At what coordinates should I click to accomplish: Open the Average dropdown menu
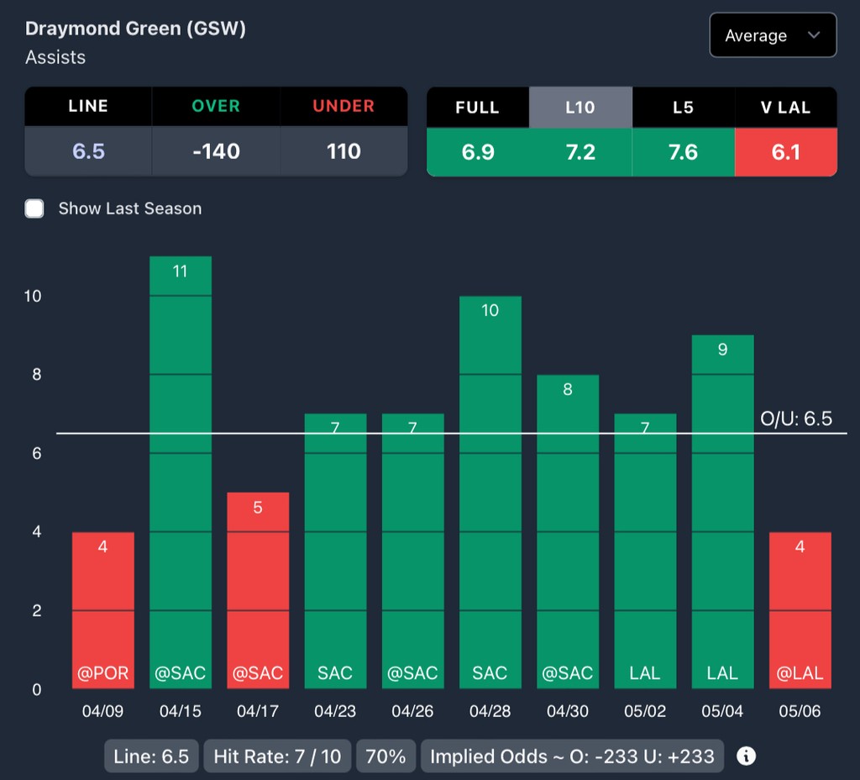coord(772,35)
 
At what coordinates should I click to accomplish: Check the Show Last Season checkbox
coord(34,208)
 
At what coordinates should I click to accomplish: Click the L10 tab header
coord(580,107)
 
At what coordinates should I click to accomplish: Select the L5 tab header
coord(683,107)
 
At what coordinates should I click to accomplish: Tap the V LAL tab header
coord(785,107)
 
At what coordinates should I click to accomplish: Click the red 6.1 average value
coord(785,152)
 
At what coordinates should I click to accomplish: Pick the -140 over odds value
coord(216,152)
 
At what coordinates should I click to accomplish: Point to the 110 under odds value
coord(343,152)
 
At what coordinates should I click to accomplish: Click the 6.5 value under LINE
coord(88,152)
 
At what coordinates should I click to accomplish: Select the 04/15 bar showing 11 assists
coord(181,471)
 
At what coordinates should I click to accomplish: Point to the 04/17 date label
coord(258,711)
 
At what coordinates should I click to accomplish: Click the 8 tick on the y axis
coord(37,375)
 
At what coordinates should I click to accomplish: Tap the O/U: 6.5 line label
coord(795,419)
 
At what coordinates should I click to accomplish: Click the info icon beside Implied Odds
coord(746,756)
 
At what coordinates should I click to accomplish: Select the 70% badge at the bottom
coord(386,756)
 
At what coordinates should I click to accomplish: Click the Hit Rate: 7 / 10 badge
coord(277,756)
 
